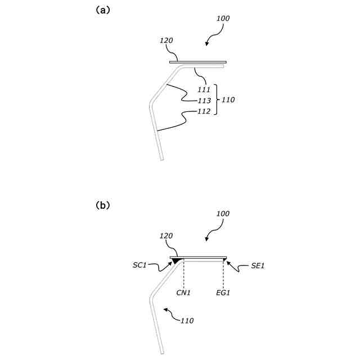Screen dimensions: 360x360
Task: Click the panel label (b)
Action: click(103, 205)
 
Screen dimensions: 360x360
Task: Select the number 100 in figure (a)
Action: click(223, 19)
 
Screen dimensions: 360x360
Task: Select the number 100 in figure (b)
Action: click(223, 214)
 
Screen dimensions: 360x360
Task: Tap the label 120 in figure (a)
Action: click(166, 40)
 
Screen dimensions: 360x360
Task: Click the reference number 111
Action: click(204, 89)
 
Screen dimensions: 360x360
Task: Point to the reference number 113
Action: click(204, 101)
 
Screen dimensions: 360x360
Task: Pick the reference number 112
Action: click(204, 111)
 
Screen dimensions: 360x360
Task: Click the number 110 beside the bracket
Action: click(228, 100)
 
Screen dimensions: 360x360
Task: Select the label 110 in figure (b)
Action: click(187, 321)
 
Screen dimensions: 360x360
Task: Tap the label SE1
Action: click(258, 265)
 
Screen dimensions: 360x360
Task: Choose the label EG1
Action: click(224, 293)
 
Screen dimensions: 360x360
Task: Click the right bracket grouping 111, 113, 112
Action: click(217, 100)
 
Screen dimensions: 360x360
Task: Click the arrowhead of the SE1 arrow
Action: click(227, 260)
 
